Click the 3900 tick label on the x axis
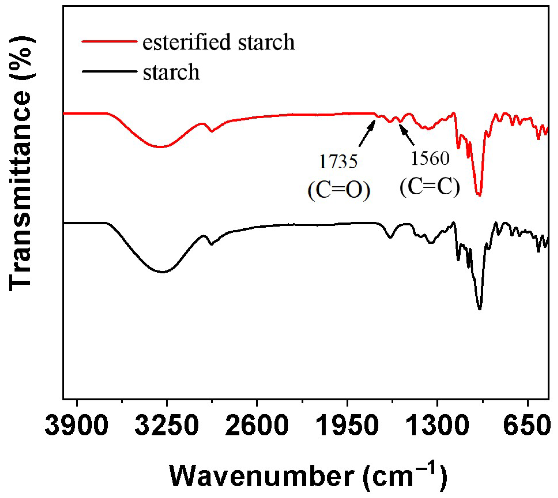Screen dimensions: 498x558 (77, 425)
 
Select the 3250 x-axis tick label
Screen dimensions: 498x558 (167, 425)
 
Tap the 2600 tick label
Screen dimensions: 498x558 (257, 425)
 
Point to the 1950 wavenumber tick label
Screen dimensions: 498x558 (347, 425)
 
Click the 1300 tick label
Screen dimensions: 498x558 (437, 425)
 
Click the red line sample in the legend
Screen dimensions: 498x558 (109, 41)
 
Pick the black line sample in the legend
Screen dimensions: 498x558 (109, 71)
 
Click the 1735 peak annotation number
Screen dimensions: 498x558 (338, 162)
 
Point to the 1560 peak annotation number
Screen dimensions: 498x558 (430, 159)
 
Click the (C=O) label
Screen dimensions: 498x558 (339, 190)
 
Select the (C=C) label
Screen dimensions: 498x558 (430, 187)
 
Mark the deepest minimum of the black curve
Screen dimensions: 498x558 (480, 309)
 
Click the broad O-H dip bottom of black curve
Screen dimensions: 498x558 (163, 272)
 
